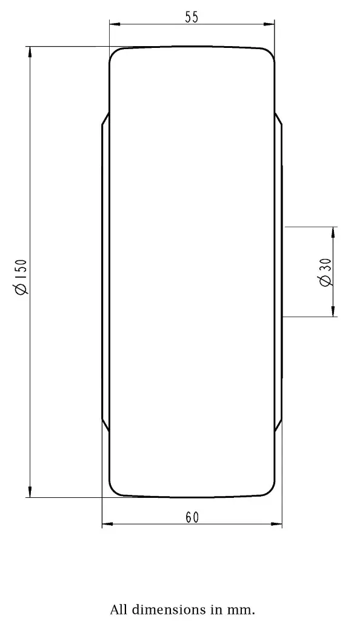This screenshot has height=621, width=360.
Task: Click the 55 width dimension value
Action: point(192,17)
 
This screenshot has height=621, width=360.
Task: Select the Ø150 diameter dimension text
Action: point(21,277)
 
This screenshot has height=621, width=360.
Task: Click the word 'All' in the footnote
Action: point(119,609)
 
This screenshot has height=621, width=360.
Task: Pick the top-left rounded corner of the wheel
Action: point(113,53)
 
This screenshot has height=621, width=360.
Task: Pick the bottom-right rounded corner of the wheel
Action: point(270,492)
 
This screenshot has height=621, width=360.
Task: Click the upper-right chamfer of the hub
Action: point(278,119)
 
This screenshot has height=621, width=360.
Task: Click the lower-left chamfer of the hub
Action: point(105,425)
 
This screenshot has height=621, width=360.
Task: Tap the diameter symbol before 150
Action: point(21,289)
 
